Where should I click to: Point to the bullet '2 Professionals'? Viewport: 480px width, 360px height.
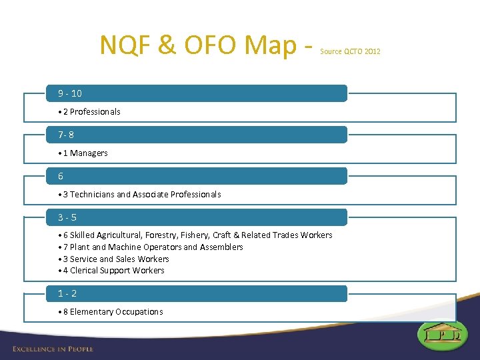pyautogui.click(x=89, y=112)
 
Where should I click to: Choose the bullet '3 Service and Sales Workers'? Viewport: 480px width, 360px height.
pyautogui.click(x=114, y=259)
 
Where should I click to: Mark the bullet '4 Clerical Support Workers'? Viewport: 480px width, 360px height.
pyautogui.click(x=111, y=271)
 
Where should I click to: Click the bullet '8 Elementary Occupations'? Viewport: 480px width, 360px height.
pyautogui.click(x=111, y=312)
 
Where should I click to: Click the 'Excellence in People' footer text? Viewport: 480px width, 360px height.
pyautogui.click(x=53, y=349)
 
